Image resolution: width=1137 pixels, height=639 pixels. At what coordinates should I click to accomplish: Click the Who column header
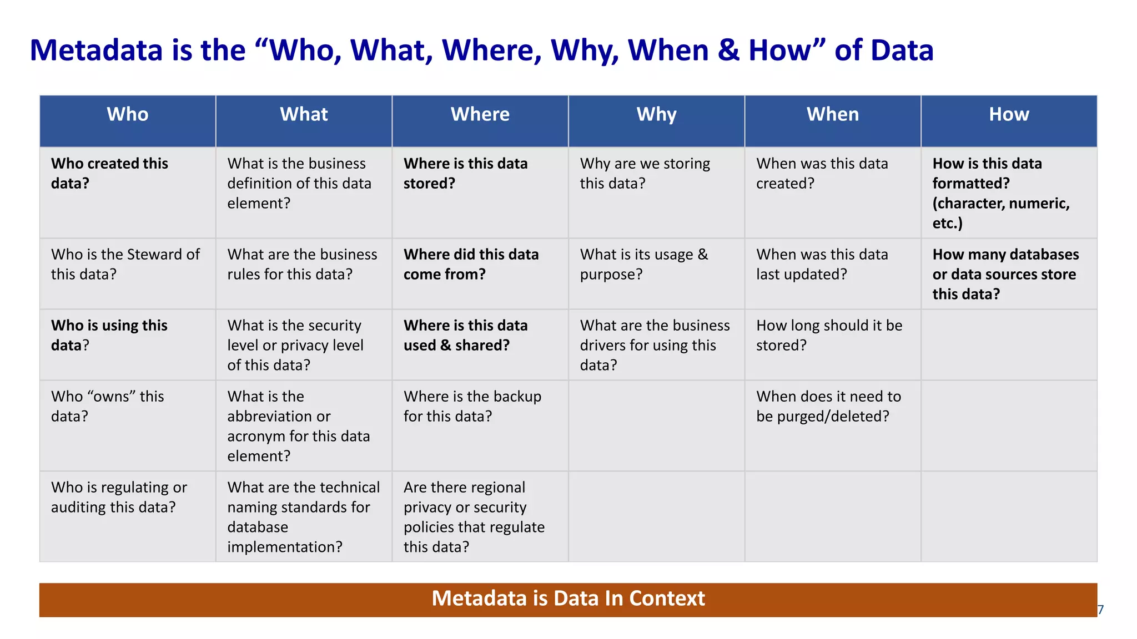point(127,115)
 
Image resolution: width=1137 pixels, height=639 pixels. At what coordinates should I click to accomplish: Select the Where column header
point(480,115)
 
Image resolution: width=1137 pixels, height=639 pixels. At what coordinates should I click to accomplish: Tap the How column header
point(1008,115)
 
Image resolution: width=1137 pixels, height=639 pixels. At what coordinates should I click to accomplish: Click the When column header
point(832,115)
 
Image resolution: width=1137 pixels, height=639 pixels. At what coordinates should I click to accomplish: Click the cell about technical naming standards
point(303,517)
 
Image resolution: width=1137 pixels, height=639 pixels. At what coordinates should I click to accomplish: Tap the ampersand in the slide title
point(728,50)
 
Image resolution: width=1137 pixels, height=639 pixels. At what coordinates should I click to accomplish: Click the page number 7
point(1100,610)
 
